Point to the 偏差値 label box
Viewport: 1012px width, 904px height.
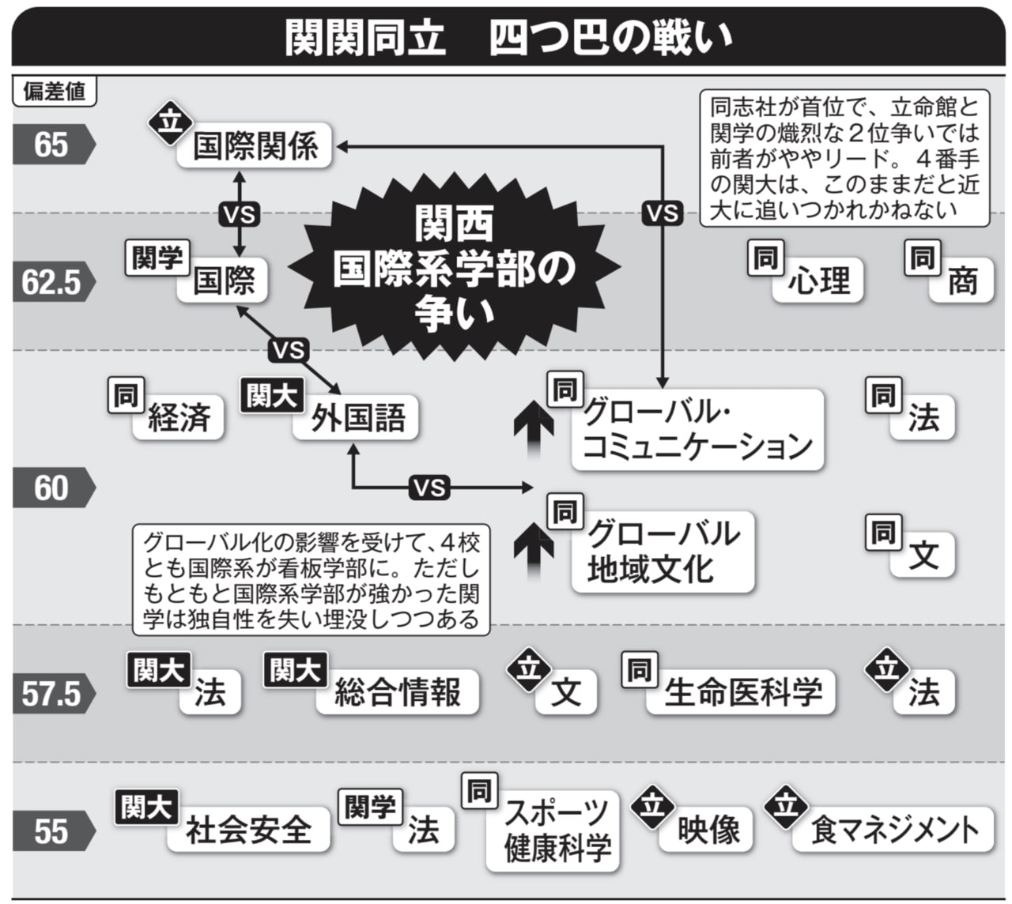click(x=54, y=92)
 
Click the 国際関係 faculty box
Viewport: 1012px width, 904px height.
click(x=255, y=146)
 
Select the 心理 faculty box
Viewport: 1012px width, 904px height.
click(x=818, y=281)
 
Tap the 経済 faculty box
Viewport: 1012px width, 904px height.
click(x=179, y=417)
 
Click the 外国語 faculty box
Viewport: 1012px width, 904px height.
click(x=357, y=417)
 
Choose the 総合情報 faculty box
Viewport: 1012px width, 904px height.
click(x=398, y=693)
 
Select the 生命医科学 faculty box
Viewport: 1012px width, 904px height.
click(x=742, y=693)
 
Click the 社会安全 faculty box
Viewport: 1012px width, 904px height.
click(x=248, y=830)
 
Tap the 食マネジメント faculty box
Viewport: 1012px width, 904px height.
click(x=893, y=830)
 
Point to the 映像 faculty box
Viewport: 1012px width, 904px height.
click(x=708, y=830)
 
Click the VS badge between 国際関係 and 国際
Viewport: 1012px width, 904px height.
click(x=239, y=213)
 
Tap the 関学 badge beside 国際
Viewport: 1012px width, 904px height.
click(x=157, y=258)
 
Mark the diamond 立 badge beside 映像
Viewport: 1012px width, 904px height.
click(x=652, y=806)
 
